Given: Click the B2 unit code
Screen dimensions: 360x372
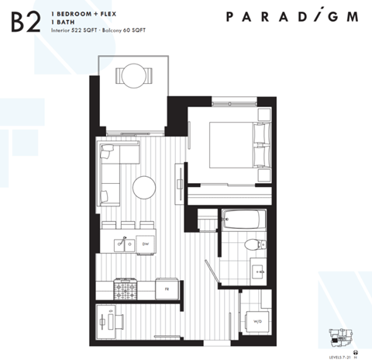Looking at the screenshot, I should click(x=25, y=22).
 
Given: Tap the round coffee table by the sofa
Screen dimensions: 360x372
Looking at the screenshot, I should click(x=144, y=187).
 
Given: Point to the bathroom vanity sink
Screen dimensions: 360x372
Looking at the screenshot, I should click(x=259, y=272).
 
